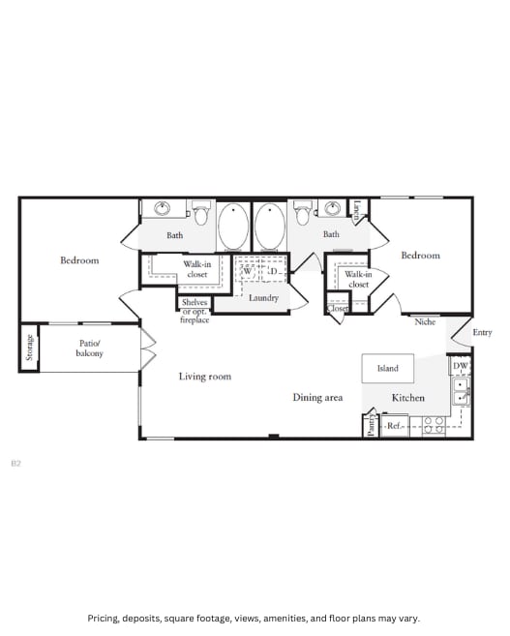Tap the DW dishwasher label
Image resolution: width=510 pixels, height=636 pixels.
460,367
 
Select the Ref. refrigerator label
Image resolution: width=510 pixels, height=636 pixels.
395,425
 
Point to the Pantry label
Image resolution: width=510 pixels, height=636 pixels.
371,425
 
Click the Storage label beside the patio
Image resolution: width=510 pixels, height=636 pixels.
29,348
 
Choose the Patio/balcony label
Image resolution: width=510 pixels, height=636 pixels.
89,348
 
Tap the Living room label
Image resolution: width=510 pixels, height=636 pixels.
204,376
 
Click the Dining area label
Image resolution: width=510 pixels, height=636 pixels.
317,397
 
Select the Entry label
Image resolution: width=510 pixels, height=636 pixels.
482,332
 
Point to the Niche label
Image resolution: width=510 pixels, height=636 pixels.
425,321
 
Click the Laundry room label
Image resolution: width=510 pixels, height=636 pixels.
263,297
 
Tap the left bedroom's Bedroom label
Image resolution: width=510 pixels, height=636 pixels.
79,259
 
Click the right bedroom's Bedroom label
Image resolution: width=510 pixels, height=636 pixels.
420,255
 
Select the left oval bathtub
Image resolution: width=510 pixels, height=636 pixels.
233,227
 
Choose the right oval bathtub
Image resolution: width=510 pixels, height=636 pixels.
270,227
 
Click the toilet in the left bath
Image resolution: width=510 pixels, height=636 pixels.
201,210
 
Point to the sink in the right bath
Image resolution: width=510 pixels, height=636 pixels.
333,207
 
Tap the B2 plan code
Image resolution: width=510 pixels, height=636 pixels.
15,464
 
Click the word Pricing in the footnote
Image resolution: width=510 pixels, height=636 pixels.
105,618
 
